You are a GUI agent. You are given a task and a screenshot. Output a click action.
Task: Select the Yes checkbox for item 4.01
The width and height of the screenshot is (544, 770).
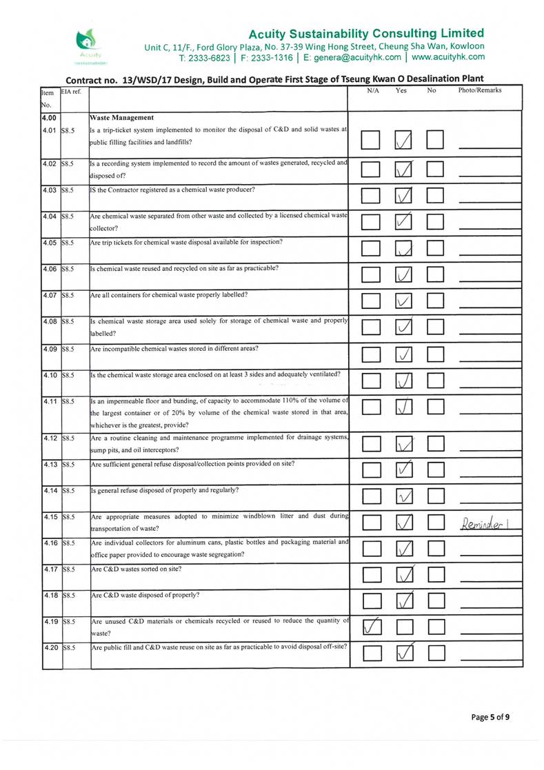pyautogui.click(x=404, y=141)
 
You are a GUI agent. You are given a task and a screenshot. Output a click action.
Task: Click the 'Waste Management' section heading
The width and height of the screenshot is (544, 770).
pyautogui.click(x=123, y=117)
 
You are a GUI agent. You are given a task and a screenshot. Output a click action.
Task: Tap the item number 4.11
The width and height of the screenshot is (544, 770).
pyautogui.click(x=48, y=401)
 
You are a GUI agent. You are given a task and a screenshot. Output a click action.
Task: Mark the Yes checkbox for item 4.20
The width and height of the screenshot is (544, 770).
pyautogui.click(x=404, y=651)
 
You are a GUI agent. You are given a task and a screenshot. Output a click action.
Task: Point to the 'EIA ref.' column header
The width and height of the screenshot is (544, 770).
pyautogui.click(x=72, y=90)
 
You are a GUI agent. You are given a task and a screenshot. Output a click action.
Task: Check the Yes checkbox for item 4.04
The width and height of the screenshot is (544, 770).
pyautogui.click(x=404, y=221)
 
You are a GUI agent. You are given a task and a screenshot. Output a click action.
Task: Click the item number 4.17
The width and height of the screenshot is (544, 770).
pyautogui.click(x=48, y=570)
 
